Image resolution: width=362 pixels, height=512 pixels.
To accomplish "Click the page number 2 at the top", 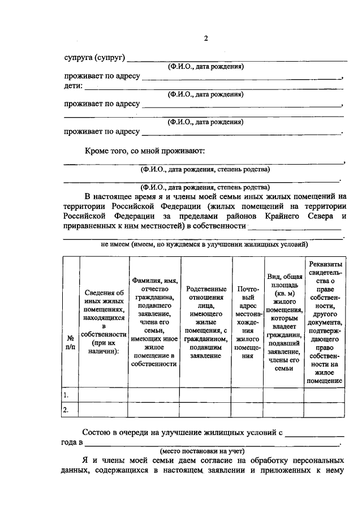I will point(206,38).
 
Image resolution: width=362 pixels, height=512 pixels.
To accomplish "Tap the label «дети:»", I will point(73,86).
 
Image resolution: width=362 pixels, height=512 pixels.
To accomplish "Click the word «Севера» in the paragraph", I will point(324,216).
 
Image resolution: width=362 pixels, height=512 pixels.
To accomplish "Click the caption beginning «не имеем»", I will point(204,245).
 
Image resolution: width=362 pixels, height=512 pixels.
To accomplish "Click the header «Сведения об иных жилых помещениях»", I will point(104,322).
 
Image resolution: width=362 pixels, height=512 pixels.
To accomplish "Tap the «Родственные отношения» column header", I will point(206,322).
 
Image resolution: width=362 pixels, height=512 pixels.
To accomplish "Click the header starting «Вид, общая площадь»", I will point(285,322).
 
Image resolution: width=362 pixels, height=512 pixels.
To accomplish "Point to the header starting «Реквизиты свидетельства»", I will point(324,322).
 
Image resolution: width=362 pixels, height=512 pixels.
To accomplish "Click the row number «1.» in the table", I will point(67,394).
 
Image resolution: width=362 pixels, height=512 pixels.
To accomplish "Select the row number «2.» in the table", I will point(67,410).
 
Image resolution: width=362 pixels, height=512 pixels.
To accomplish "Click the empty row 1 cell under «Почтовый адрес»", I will point(248,394).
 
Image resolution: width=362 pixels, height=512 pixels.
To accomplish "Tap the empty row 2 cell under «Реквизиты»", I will point(324,410).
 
